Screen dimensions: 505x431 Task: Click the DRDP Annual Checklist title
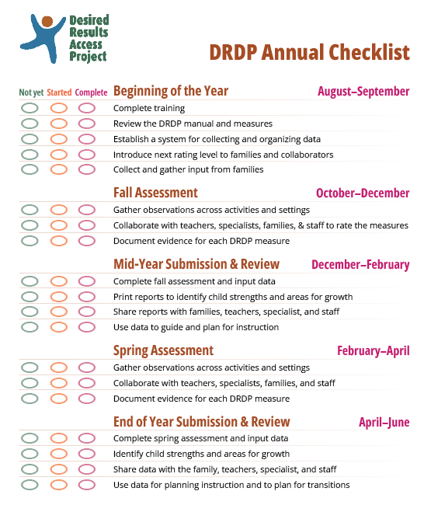point(309,53)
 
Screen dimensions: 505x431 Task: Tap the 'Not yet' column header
point(31,92)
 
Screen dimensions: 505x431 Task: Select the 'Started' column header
point(59,92)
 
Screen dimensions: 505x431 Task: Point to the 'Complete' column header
point(91,92)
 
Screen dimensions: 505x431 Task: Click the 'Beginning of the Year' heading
point(171,91)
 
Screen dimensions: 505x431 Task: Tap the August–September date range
point(363,92)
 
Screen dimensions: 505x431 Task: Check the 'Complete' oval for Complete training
point(87,108)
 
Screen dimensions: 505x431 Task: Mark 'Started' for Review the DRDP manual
point(59,124)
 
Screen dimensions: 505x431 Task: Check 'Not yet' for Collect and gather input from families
point(30,169)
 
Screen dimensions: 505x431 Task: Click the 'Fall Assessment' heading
point(155,193)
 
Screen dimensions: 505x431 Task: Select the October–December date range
point(363,193)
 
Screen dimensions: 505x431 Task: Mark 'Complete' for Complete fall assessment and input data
point(87,281)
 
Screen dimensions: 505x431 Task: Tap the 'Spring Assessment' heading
point(163,350)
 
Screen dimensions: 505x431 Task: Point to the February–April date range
point(373,351)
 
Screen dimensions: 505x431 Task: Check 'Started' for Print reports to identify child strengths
point(59,297)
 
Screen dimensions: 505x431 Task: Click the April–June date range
point(384,423)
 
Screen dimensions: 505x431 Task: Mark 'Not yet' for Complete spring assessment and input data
point(30,439)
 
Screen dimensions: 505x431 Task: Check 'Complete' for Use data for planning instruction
point(87,485)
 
